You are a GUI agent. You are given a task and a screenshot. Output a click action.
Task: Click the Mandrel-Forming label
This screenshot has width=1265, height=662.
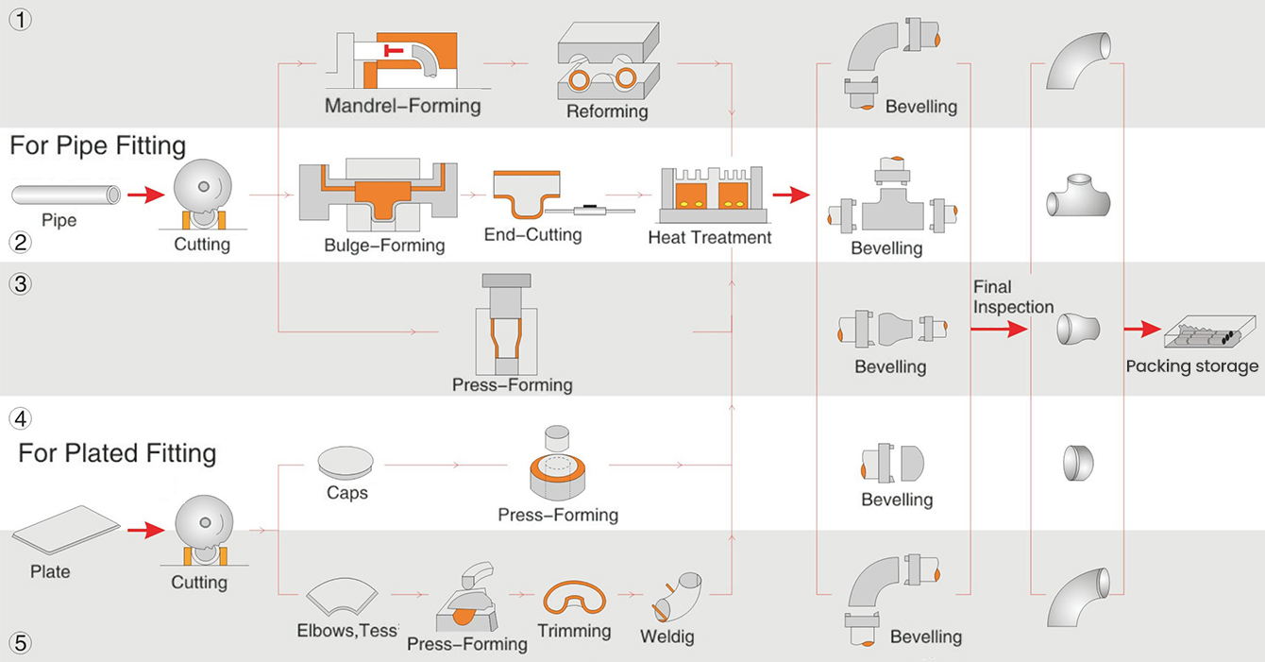tap(402, 105)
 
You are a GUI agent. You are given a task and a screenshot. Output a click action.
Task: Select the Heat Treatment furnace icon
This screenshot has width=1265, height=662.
tap(709, 193)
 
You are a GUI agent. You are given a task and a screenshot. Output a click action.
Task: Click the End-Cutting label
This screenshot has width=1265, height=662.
tap(532, 233)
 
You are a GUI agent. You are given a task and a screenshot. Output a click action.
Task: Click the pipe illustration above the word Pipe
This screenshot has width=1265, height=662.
tap(66, 195)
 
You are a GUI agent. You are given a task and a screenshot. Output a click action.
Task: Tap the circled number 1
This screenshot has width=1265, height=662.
tap(20, 20)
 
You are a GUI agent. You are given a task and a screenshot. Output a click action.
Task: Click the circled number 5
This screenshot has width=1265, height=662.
tap(20, 643)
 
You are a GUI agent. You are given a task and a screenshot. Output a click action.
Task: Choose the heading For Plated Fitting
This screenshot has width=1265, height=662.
tap(117, 453)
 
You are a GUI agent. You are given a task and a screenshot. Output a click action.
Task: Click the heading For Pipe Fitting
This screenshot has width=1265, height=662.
tap(98, 145)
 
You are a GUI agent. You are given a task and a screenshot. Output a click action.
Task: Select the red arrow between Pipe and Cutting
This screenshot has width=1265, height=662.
tap(139, 195)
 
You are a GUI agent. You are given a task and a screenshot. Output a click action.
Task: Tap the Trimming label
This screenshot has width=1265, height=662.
tap(574, 631)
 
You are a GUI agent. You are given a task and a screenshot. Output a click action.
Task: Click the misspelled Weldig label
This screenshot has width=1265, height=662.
tap(666, 637)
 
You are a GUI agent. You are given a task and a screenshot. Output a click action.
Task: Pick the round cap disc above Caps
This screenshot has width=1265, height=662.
tap(346, 462)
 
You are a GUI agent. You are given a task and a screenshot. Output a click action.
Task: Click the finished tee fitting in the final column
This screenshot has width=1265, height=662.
tap(1078, 195)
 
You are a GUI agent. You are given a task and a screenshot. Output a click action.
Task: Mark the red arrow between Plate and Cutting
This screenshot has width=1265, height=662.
tap(139, 532)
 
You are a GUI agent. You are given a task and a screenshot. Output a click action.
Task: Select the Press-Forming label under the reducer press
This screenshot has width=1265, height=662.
tap(512, 384)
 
